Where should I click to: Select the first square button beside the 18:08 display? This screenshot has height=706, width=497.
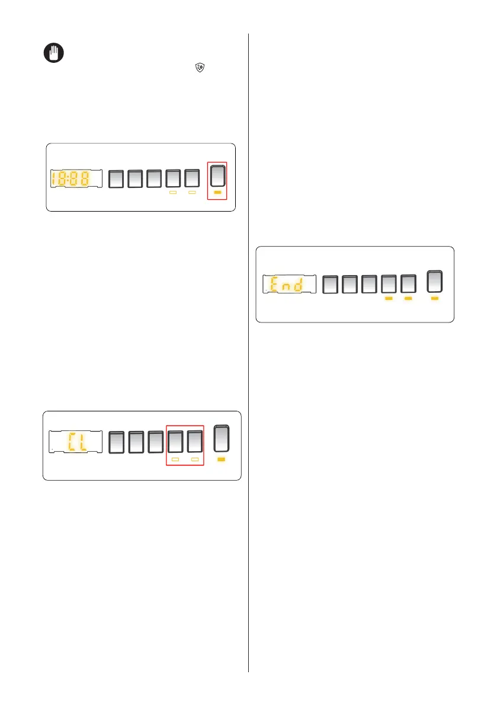coord(117,178)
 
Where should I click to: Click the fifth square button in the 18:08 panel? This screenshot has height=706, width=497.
coord(191,178)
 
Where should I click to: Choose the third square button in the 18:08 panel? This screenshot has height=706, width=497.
coord(154,178)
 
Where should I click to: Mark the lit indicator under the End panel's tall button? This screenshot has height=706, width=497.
coord(434,299)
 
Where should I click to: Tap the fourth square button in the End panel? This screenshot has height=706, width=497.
coord(389,284)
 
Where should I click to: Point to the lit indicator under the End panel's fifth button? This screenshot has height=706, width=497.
coord(408,299)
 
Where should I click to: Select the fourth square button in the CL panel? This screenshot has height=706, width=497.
coord(176,442)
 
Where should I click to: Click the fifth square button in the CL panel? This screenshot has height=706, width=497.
coord(195,442)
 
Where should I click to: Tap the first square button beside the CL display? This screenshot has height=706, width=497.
coord(118,442)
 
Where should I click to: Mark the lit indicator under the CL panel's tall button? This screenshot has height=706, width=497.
coord(222,459)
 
